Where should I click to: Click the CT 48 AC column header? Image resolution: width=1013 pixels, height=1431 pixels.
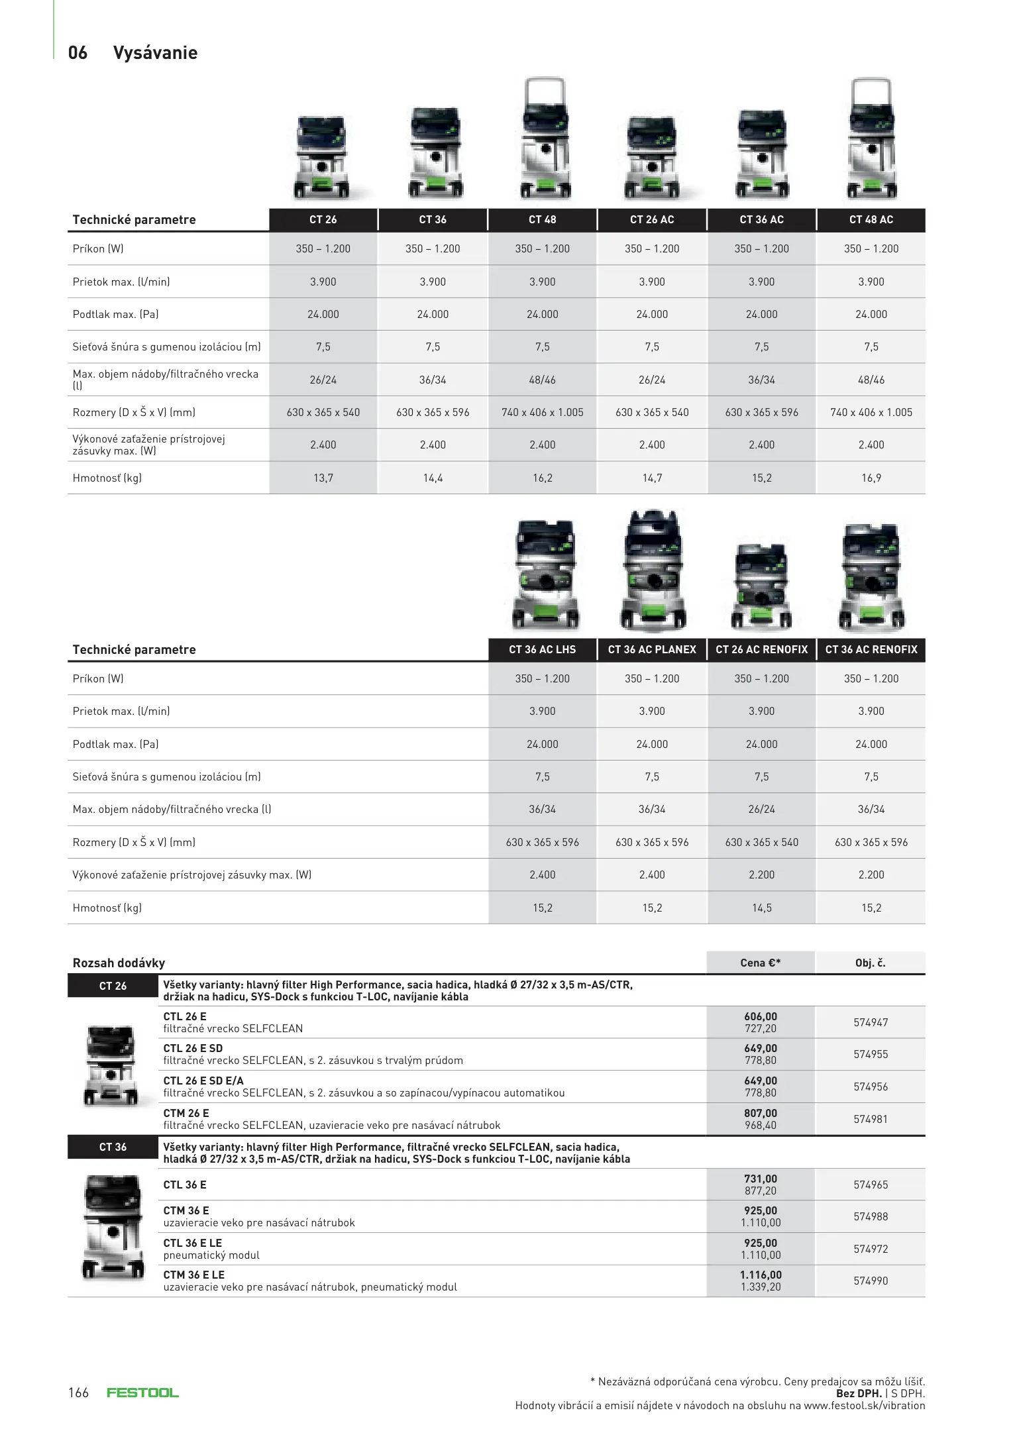(x=871, y=219)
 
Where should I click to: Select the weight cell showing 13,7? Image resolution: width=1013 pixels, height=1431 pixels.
(x=323, y=478)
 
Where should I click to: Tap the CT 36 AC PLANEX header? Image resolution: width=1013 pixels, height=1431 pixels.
(x=651, y=649)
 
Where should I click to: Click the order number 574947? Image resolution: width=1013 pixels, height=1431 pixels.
(x=870, y=1022)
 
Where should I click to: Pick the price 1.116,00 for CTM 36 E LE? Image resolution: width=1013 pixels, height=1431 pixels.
(x=761, y=1275)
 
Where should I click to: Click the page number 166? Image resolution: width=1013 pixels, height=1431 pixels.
(x=78, y=1392)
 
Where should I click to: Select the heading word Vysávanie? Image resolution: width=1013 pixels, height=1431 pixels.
(x=155, y=53)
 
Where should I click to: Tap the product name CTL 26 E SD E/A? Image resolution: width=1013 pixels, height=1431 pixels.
(x=203, y=1081)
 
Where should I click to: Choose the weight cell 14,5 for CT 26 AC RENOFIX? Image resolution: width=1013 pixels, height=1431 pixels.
(x=761, y=908)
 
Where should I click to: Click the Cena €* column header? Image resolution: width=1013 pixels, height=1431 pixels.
(x=760, y=963)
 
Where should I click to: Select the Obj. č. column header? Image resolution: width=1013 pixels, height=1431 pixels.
(x=870, y=963)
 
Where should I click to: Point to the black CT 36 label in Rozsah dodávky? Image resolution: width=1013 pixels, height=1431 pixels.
(x=113, y=1147)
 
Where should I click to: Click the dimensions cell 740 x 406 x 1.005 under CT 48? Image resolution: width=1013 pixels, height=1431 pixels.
(x=542, y=412)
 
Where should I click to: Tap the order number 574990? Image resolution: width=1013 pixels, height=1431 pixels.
(x=870, y=1281)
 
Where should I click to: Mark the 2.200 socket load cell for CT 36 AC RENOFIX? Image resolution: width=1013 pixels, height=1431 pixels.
(x=871, y=874)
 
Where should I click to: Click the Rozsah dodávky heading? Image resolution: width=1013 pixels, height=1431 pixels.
(x=119, y=963)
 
